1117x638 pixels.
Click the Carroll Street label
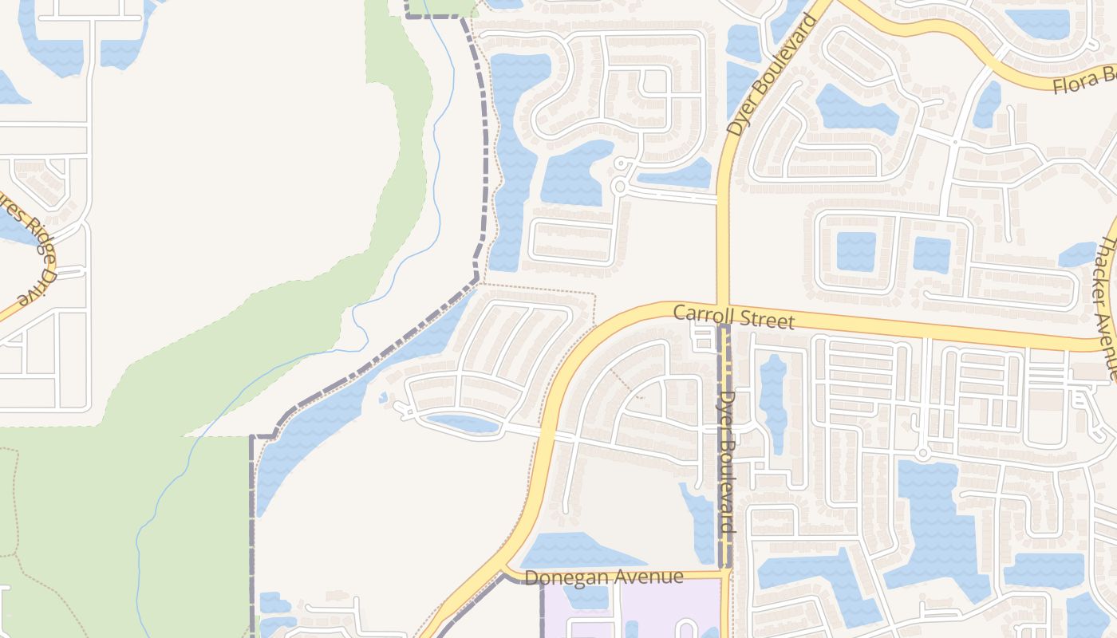[733, 317]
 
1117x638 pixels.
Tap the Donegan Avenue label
[605, 577]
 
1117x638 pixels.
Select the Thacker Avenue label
[1110, 307]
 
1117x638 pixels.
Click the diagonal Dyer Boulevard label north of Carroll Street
[772, 75]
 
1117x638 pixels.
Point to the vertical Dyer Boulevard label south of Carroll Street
[726, 462]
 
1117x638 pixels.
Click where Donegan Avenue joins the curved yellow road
[504, 571]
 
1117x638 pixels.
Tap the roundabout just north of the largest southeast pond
[922, 454]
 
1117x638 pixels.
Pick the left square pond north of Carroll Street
[855, 252]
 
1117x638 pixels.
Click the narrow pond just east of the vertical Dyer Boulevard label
[772, 403]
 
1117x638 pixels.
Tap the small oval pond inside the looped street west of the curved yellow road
[463, 423]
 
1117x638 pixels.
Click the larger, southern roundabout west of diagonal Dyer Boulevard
[618, 187]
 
